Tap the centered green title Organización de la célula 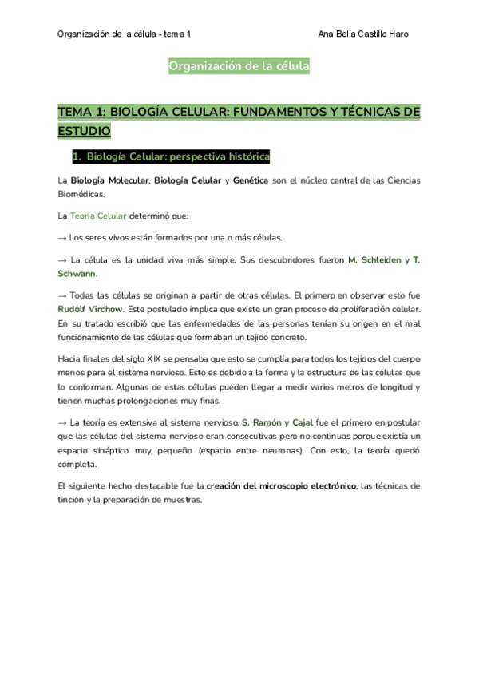[239, 67]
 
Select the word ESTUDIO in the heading [84, 129]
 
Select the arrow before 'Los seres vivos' [63, 237]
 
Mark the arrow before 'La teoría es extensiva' [63, 422]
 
